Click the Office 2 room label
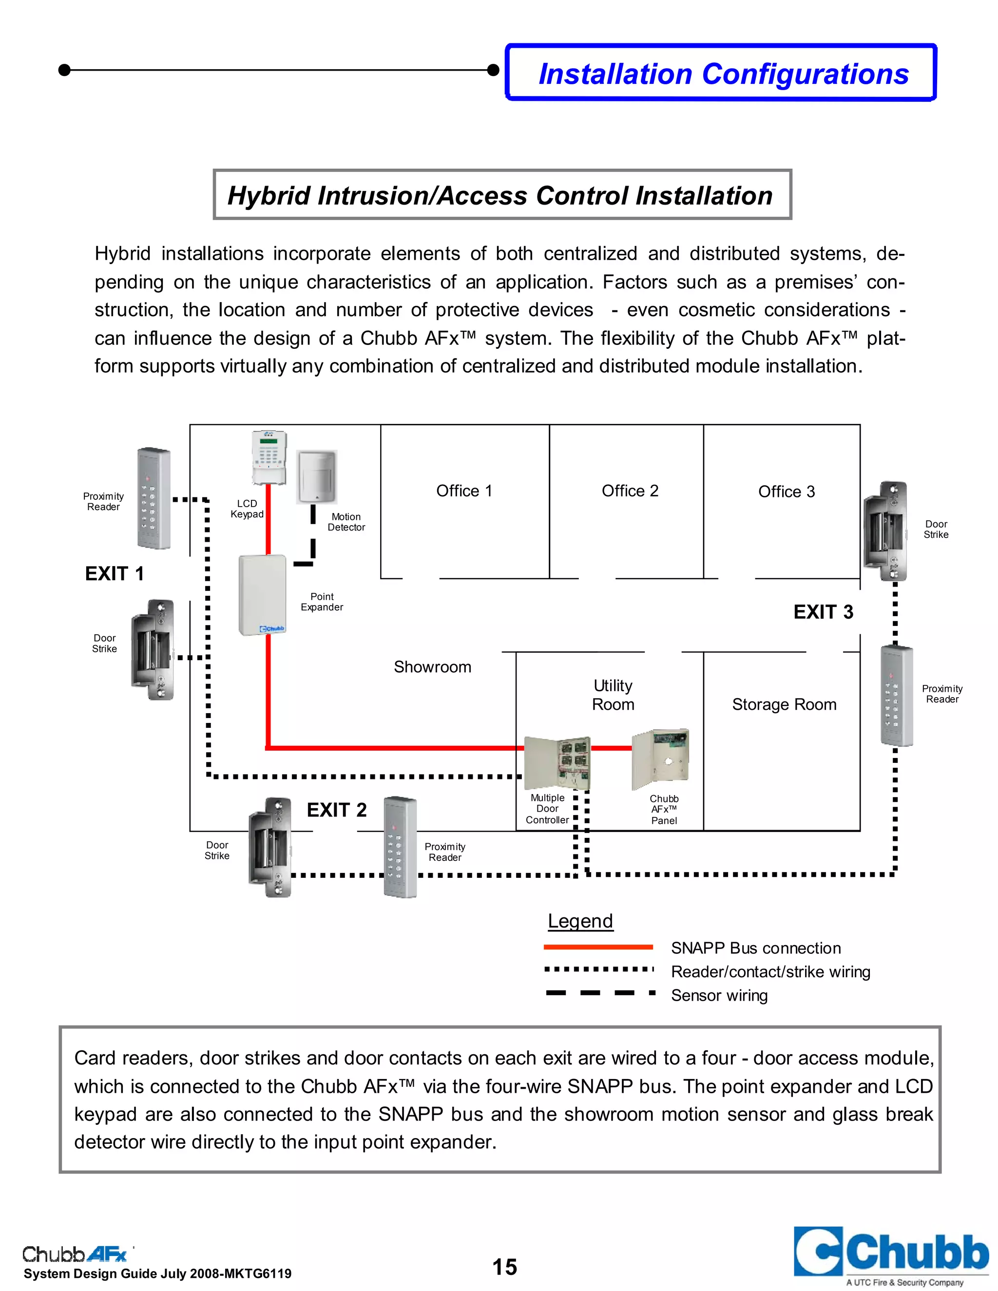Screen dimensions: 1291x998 tap(630, 491)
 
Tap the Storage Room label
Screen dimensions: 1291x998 tap(784, 704)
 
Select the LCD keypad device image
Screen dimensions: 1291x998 tap(269, 456)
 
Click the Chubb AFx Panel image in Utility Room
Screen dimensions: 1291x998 tap(660, 759)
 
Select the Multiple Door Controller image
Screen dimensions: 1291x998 tap(557, 762)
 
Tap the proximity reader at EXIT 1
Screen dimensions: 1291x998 tap(154, 498)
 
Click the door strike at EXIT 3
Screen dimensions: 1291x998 tap(884, 531)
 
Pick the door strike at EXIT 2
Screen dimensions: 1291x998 tap(269, 847)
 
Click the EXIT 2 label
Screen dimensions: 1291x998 tap(336, 809)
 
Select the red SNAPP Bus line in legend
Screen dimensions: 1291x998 tap(598, 947)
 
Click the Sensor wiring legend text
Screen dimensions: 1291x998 tap(719, 995)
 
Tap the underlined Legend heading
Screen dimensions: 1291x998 tap(580, 921)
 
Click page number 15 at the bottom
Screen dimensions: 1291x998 tap(504, 1267)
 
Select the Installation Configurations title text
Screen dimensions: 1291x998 tap(723, 74)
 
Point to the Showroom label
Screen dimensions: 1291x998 tap(432, 667)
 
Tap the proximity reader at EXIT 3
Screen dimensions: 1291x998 tap(896, 696)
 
